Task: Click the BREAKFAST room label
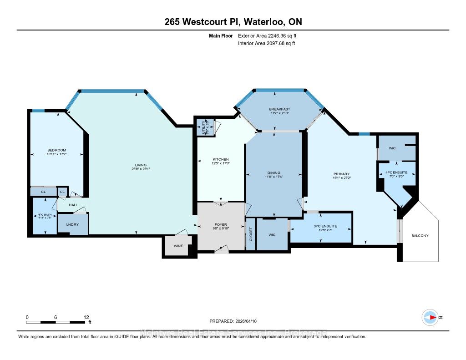[x=279, y=109]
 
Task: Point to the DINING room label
[x=274, y=172]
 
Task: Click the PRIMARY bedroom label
[x=341, y=174]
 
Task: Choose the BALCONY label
[x=419, y=236]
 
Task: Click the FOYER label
[x=220, y=225]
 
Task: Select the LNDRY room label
[x=72, y=225]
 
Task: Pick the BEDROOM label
[x=57, y=150]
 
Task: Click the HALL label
[x=73, y=205]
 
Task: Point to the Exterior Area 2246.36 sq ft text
[x=268, y=35]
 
